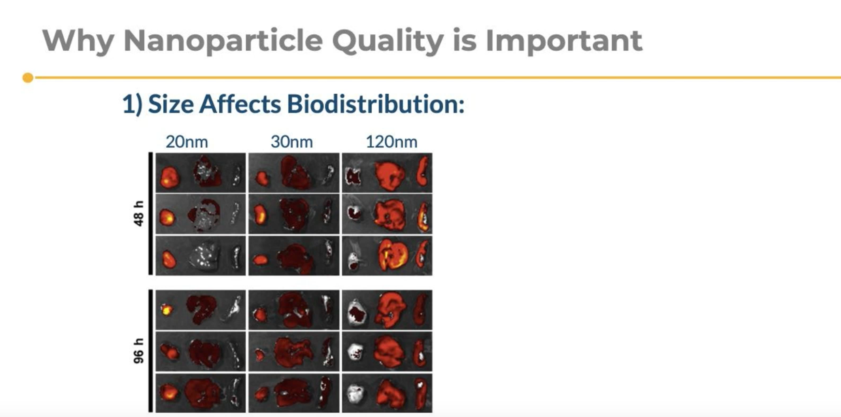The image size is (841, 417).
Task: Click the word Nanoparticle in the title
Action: (x=223, y=40)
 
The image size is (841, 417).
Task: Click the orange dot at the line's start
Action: (x=28, y=78)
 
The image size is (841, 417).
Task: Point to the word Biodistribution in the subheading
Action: (x=376, y=104)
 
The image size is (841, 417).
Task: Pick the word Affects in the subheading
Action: (x=240, y=104)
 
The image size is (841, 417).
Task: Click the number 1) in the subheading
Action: (x=132, y=104)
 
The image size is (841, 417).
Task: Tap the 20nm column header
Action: (x=187, y=142)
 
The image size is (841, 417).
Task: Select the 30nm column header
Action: (x=292, y=142)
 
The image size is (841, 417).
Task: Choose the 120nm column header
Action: (x=392, y=142)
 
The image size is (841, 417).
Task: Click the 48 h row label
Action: (x=139, y=214)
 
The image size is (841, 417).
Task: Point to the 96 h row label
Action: (x=139, y=351)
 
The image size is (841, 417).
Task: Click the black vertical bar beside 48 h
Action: (x=151, y=214)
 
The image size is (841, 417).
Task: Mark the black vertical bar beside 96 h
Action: (x=151, y=351)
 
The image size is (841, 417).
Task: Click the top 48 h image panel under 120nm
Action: (x=387, y=173)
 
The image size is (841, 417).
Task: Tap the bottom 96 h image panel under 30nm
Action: (x=294, y=393)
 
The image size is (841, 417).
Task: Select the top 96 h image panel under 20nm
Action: (x=201, y=310)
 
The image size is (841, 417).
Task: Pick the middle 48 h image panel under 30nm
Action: (x=294, y=215)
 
